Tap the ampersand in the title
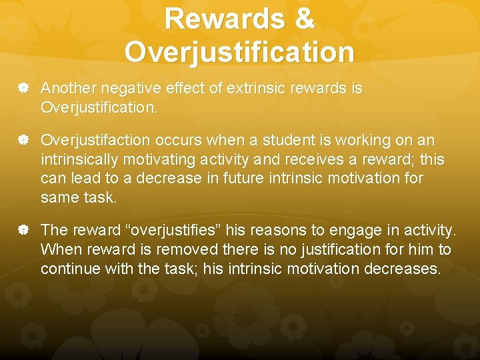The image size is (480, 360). pyautogui.click(x=303, y=19)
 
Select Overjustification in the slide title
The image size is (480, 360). pyautogui.click(x=239, y=52)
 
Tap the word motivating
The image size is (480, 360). pyautogui.click(x=167, y=161)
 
